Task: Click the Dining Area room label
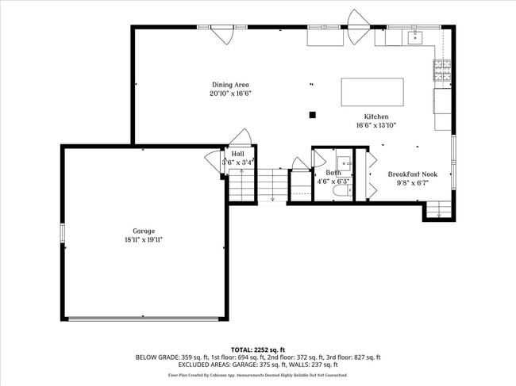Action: tap(231, 85)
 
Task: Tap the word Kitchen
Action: tap(375, 117)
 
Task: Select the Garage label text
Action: tap(144, 231)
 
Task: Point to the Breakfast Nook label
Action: tap(413, 174)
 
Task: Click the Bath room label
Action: tap(333, 173)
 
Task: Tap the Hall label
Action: tap(237, 154)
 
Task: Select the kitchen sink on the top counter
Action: tap(415, 36)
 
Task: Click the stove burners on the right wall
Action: tap(442, 70)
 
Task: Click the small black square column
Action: tap(313, 115)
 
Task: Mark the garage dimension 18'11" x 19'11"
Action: tap(144, 239)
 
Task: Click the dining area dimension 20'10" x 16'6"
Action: tap(231, 94)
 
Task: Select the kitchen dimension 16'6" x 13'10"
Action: tap(375, 125)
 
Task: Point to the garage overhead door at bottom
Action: tap(144, 319)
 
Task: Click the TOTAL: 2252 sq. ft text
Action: tap(258, 350)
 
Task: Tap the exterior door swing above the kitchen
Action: tap(357, 19)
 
